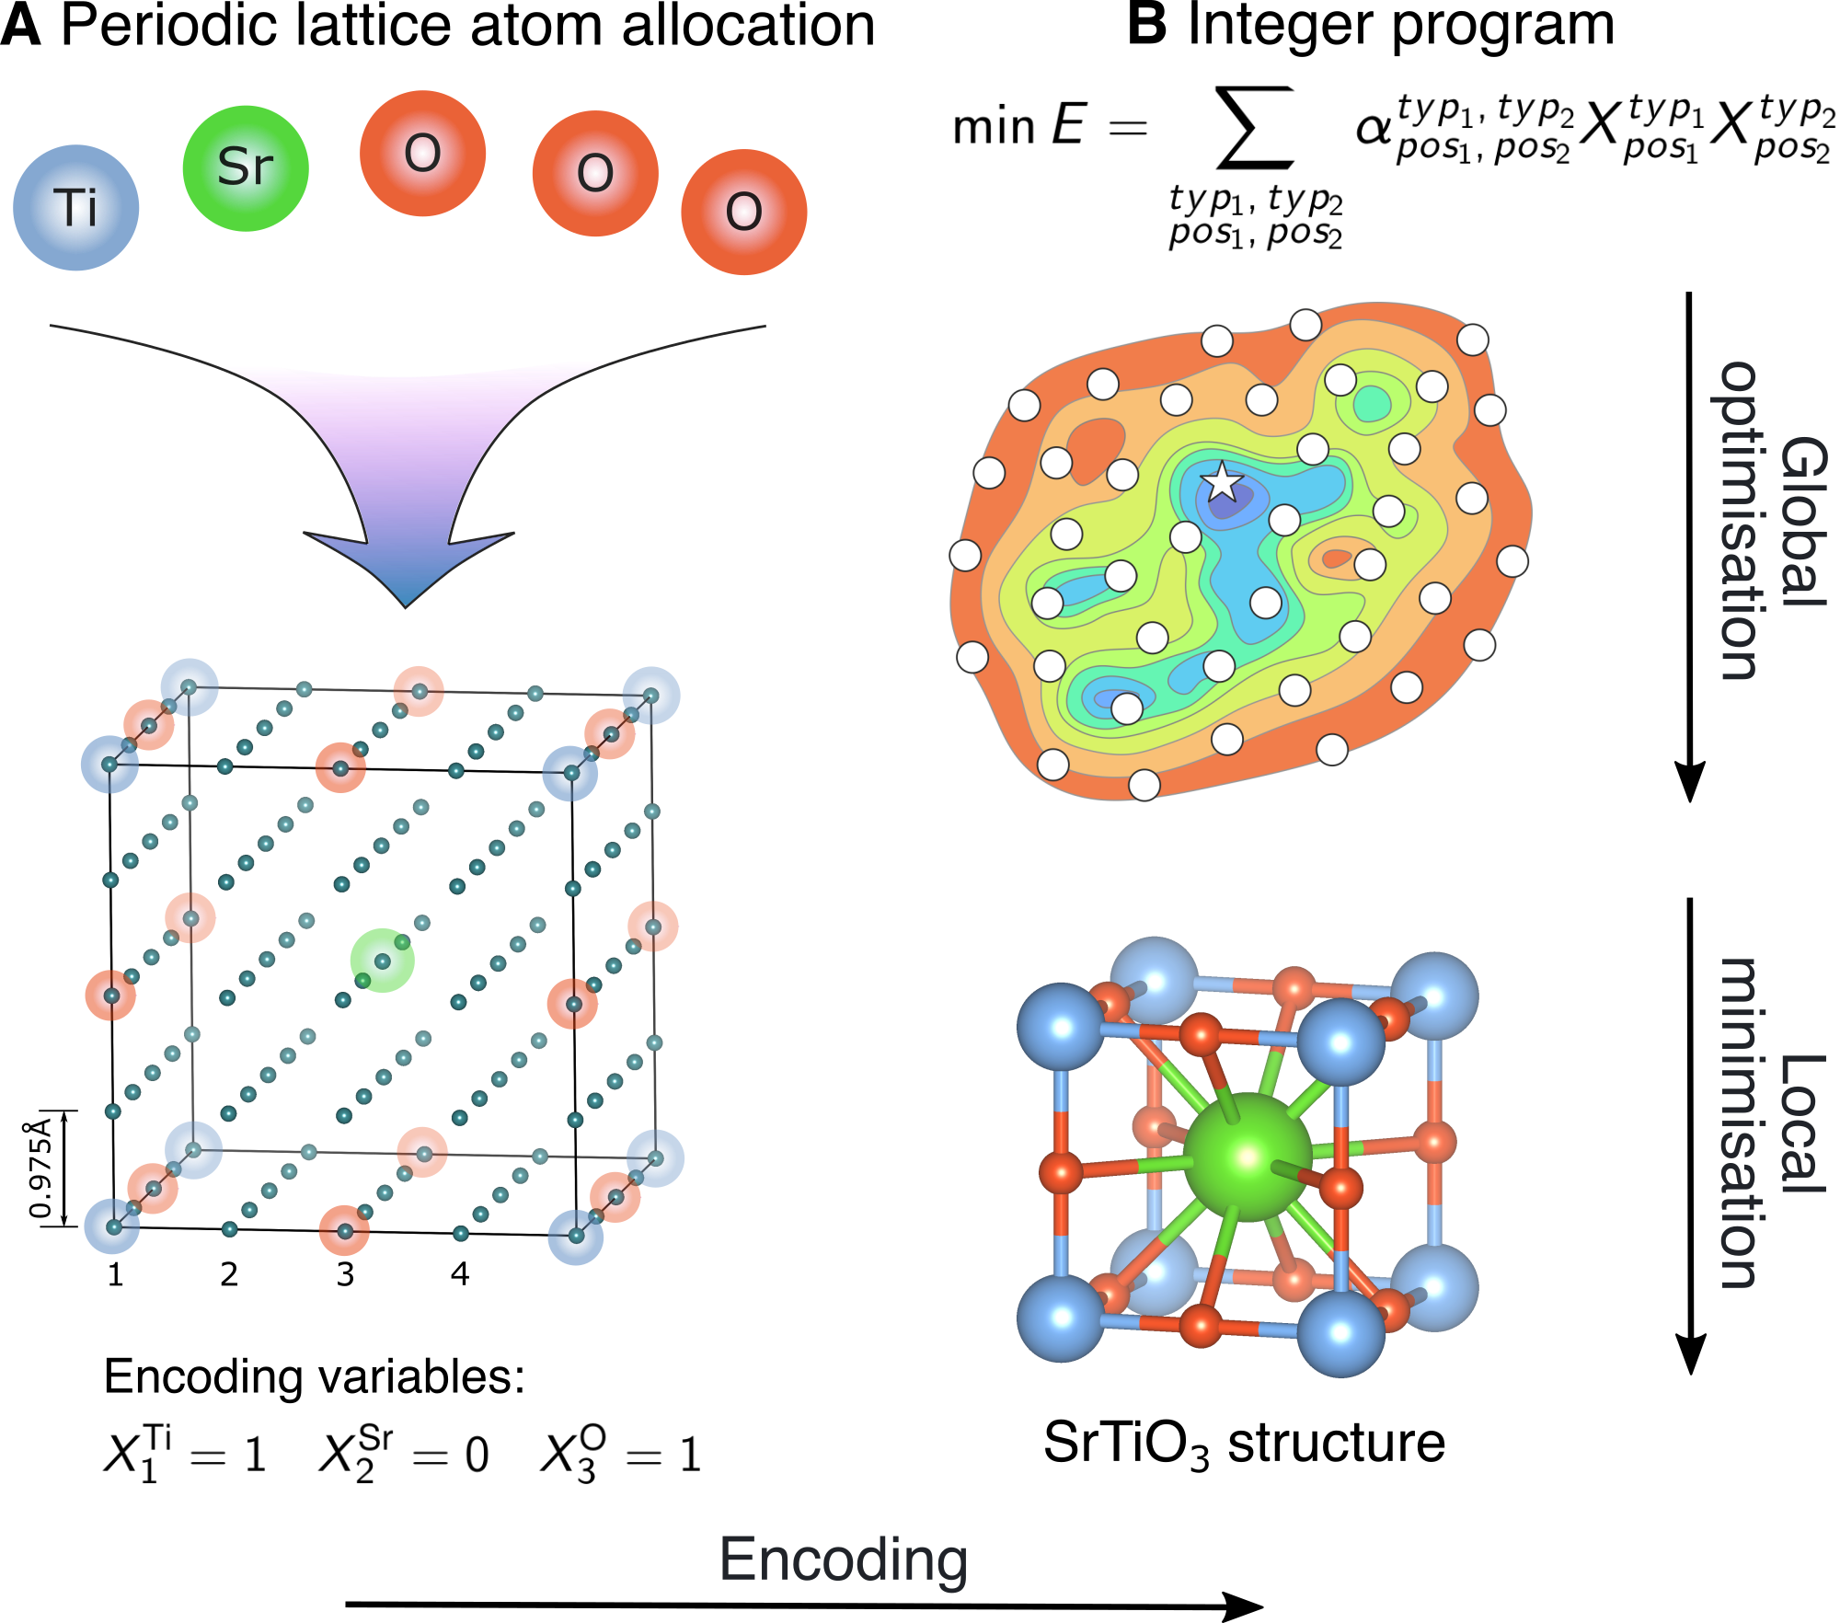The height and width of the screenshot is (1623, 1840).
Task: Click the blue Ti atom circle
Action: (x=76, y=208)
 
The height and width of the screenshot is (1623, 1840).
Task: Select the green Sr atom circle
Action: (x=246, y=168)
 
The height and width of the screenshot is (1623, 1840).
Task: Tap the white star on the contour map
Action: (x=1222, y=481)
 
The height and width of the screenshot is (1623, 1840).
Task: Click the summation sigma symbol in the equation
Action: (x=1254, y=129)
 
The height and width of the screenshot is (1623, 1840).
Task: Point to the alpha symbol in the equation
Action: (x=1373, y=129)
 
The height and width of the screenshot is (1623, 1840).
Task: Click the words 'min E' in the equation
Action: (x=1018, y=126)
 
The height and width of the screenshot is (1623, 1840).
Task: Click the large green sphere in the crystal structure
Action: (x=1247, y=1157)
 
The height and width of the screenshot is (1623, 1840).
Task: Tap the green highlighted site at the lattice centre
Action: (x=382, y=961)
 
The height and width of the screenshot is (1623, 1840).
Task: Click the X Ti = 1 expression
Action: (x=184, y=1455)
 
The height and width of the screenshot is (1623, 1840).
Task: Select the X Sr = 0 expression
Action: (x=404, y=1455)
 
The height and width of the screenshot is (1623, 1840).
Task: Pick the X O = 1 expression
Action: (x=621, y=1455)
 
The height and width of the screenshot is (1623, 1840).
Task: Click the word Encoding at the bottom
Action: (x=843, y=1560)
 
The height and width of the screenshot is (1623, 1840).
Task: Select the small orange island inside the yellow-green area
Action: (x=1336, y=558)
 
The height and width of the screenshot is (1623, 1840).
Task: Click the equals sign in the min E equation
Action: (x=1128, y=128)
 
